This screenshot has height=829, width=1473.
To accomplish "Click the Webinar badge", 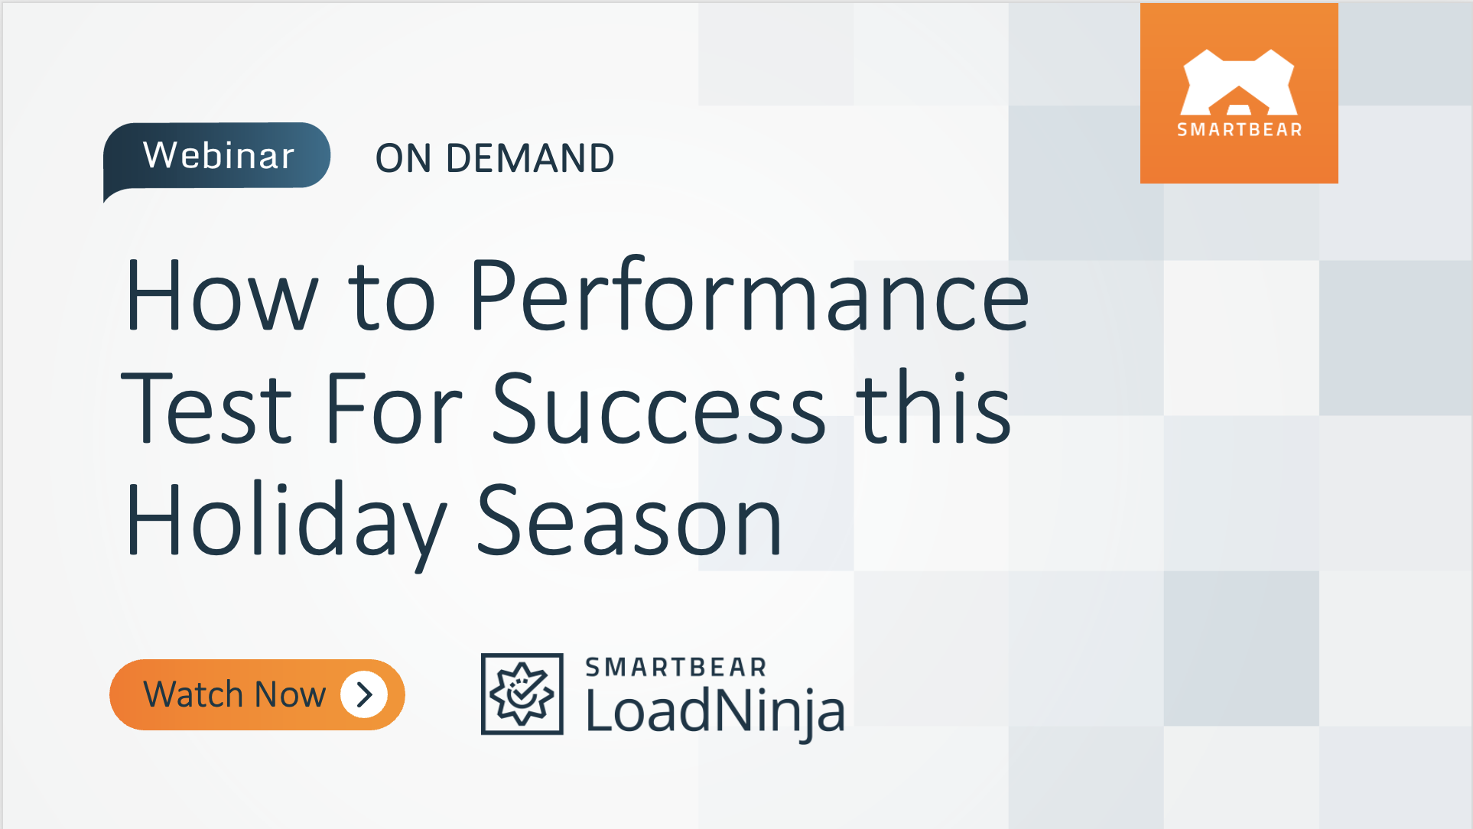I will click(217, 156).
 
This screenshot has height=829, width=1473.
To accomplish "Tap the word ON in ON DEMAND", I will click(402, 159).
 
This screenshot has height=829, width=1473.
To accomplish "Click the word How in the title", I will click(221, 297).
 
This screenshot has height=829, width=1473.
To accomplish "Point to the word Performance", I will click(749, 297).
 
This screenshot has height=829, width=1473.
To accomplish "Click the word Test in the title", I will click(207, 409).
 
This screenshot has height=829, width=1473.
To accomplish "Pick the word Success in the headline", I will click(658, 409).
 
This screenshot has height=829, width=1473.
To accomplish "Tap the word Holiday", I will click(285, 522).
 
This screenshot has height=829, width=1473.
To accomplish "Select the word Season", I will click(629, 522).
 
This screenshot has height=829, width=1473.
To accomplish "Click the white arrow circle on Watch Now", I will click(364, 694).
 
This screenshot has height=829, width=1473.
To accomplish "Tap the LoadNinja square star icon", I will click(522, 694).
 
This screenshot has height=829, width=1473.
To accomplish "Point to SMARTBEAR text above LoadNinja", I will click(676, 668).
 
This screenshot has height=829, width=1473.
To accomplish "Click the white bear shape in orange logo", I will click(1239, 83).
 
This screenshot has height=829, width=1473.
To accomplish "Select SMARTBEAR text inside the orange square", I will click(1239, 130).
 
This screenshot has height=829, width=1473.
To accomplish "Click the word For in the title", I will click(393, 409).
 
